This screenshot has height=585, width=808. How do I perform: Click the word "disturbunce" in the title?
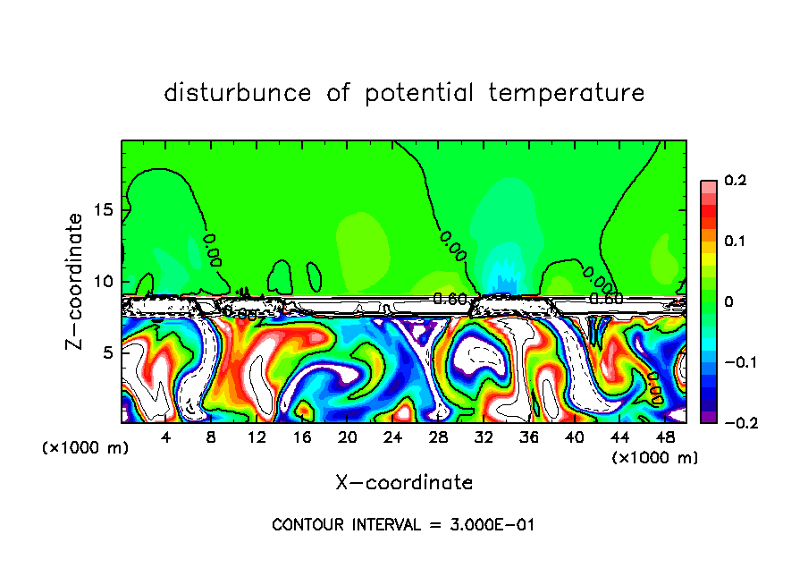(x=238, y=93)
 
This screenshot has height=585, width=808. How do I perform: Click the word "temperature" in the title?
(x=567, y=93)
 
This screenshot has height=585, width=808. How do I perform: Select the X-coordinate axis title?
(x=404, y=483)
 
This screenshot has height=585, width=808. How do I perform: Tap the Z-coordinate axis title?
(x=76, y=281)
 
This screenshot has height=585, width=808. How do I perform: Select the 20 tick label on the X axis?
(x=347, y=437)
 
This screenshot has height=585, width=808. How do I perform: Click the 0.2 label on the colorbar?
(x=735, y=181)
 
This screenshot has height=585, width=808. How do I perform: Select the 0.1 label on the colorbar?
(x=735, y=242)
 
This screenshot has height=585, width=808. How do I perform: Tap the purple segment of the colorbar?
(x=709, y=416)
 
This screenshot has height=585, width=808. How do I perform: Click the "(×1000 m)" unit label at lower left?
(x=86, y=448)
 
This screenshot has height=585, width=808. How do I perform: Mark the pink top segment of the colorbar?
(x=709, y=186)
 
